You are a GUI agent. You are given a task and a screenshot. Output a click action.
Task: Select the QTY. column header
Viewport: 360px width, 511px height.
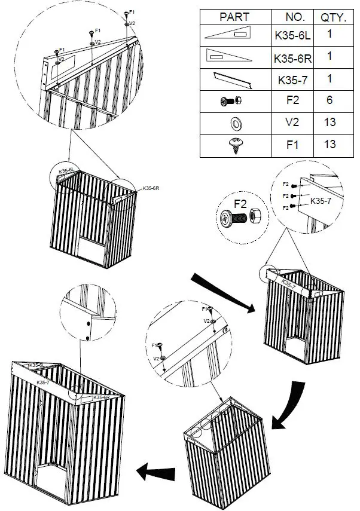point(330,17)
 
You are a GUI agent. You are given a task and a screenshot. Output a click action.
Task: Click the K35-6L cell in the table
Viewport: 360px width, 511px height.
point(292,36)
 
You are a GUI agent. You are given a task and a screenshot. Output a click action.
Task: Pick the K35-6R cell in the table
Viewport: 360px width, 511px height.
point(292,58)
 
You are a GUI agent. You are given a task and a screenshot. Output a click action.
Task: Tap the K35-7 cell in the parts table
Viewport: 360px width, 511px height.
point(292,79)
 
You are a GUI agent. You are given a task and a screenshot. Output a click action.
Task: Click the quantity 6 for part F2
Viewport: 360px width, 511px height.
point(330,101)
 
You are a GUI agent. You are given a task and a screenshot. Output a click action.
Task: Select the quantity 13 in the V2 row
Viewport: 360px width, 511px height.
point(330,123)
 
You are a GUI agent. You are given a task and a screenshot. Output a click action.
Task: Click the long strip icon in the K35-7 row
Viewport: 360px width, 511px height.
point(234,79)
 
